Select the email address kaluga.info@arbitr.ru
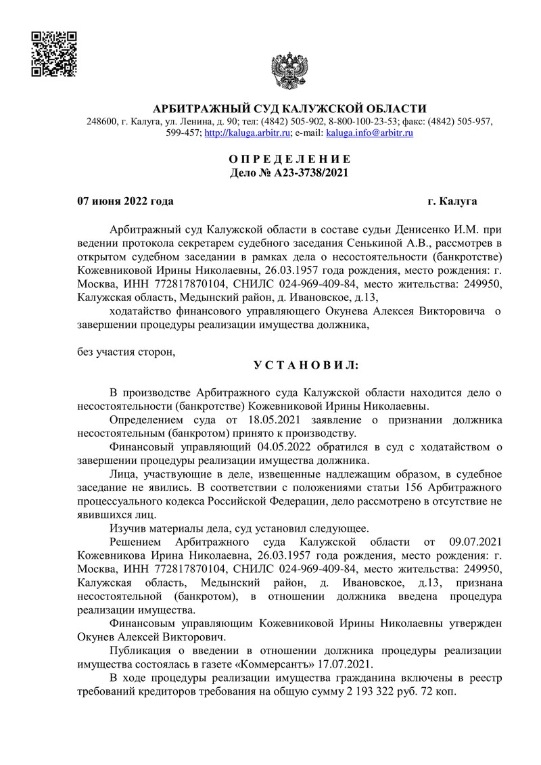(370, 133)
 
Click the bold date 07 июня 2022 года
(125, 202)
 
